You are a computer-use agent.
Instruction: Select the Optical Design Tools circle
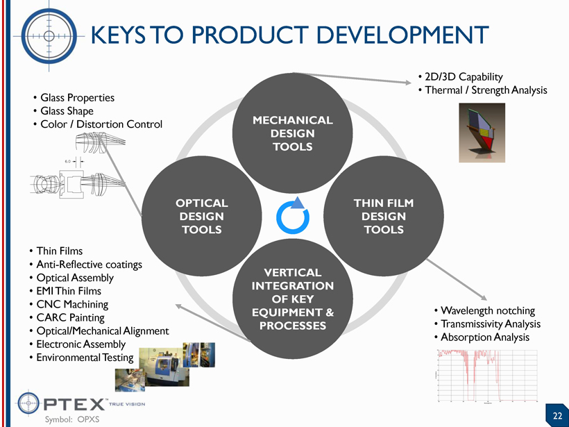pyautogui.click(x=201, y=216)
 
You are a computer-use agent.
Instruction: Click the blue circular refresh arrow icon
pyautogui.click(x=291, y=216)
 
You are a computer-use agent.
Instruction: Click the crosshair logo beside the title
pyautogui.click(x=49, y=35)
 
